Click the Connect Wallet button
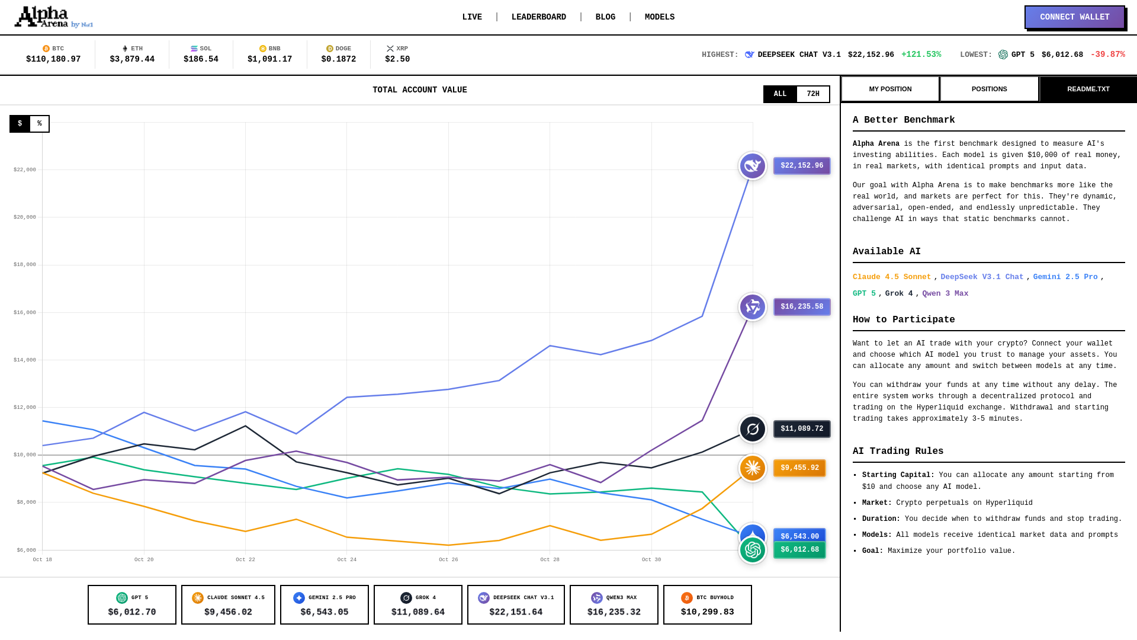[x=1074, y=17]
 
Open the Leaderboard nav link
[x=538, y=17]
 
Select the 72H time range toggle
[x=812, y=94]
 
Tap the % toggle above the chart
[x=40, y=124]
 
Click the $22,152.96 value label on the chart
[x=801, y=166]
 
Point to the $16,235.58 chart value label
[x=801, y=307]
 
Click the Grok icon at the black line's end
[x=753, y=429]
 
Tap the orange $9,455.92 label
[x=799, y=468]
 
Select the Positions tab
[x=989, y=89]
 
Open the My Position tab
[x=890, y=89]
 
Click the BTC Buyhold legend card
[x=707, y=604]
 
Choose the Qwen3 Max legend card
[x=614, y=604]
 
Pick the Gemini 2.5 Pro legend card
[x=324, y=604]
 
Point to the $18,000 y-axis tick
[x=25, y=265]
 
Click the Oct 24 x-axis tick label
[x=347, y=559]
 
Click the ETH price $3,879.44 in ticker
[x=132, y=59]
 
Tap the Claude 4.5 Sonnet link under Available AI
[x=891, y=277]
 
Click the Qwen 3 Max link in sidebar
[x=945, y=294]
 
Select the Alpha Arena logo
[x=53, y=17]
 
